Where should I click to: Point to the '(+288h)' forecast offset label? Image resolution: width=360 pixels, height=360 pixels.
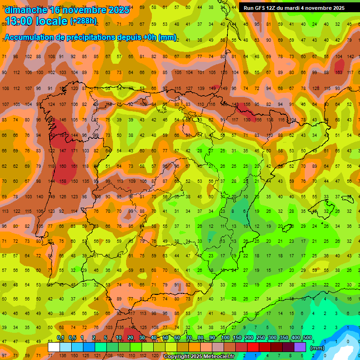tap(83, 21)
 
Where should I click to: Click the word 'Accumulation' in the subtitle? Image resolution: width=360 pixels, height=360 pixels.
tap(29, 37)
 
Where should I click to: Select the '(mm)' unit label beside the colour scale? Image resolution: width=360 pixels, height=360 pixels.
tap(317, 348)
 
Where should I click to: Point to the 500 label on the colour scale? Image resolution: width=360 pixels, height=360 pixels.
tap(307, 338)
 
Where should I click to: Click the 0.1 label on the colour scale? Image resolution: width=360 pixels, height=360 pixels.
tap(60, 338)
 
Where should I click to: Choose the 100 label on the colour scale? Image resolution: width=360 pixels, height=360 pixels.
tap(225, 338)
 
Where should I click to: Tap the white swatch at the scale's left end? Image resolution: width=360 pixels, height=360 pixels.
tap(54, 347)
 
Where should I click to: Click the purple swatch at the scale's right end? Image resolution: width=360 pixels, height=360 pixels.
tap(300, 347)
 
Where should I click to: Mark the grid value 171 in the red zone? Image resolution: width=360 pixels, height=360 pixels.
tap(74, 151)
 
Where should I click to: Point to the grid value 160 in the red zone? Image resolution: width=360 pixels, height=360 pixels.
tap(63, 166)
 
